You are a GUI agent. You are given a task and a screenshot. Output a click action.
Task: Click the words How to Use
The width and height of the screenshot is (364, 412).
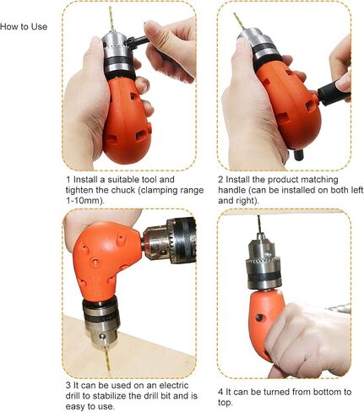tap(24, 27)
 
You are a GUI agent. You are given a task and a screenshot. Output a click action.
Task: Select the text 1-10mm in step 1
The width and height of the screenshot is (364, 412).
tap(82, 201)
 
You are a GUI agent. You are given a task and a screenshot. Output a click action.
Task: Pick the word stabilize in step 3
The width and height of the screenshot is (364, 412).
tap(109, 396)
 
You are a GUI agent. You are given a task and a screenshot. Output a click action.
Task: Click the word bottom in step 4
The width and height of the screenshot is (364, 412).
tap(324, 392)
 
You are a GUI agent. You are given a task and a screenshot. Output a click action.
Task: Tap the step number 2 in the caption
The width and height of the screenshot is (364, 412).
tap(220, 180)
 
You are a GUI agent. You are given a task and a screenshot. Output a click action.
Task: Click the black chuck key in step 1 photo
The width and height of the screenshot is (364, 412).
tap(137, 41)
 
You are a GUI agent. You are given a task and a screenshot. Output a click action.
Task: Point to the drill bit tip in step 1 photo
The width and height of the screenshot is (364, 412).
tap(110, 8)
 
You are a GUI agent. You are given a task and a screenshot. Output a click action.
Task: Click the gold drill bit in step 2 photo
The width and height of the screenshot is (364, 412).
tap(238, 21)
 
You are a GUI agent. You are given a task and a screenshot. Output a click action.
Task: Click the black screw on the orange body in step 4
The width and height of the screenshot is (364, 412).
tap(259, 317)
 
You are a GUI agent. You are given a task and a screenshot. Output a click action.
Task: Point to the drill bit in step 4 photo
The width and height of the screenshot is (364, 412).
tap(258, 225)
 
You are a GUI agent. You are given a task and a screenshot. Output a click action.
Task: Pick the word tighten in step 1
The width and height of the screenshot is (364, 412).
tap(79, 190)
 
